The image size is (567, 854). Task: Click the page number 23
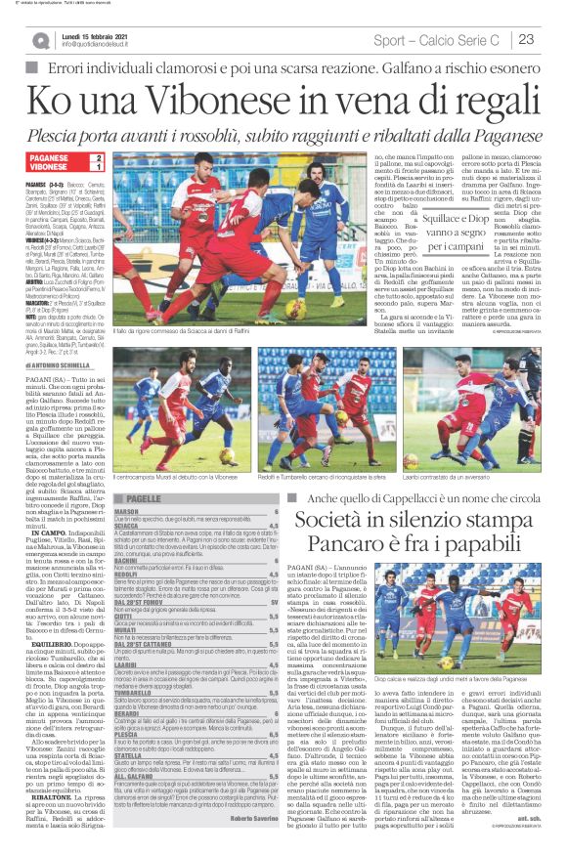coord(527,39)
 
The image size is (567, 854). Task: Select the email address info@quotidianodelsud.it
coord(99,45)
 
